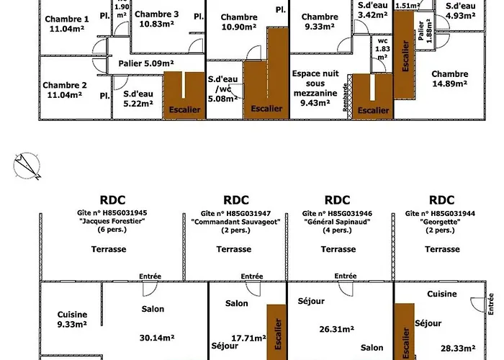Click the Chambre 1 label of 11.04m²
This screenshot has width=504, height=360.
tap(66, 25)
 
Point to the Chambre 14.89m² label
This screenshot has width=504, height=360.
tap(450, 78)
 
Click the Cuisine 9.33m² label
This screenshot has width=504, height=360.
tap(71, 320)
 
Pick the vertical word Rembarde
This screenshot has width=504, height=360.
tap(346, 96)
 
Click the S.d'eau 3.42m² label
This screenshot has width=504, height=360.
tap(373, 9)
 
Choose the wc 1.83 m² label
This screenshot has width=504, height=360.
tap(382, 48)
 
